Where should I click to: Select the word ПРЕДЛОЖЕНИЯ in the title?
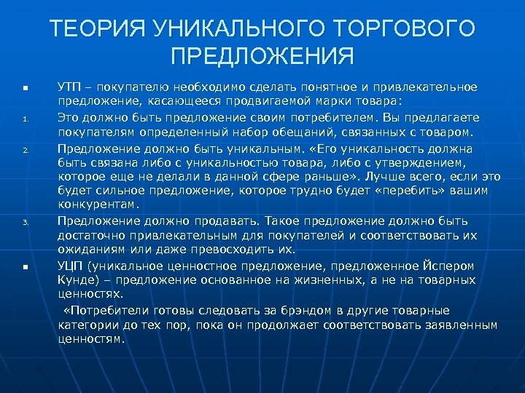click(262, 57)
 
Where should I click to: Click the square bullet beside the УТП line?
click(25, 88)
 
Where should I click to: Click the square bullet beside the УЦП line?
click(25, 267)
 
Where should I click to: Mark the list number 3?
click(25, 223)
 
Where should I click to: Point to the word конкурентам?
click(98, 205)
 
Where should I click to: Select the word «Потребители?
click(103, 310)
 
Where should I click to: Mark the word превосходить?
click(227, 249)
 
